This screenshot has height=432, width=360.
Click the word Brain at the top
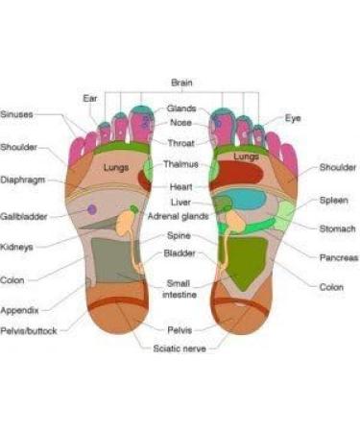tap(181, 83)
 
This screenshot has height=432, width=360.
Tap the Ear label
tap(90, 97)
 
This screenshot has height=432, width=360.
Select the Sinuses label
tap(17, 114)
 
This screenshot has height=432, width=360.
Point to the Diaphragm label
tap(21, 180)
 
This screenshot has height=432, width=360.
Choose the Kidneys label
tap(17, 247)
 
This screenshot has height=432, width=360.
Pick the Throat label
tap(181, 143)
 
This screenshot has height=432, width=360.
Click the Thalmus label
tap(181, 164)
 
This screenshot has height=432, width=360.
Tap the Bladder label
tap(180, 253)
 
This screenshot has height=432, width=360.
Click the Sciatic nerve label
tap(180, 348)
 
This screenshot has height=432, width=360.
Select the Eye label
tap(293, 117)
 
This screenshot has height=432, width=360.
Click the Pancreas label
tap(337, 257)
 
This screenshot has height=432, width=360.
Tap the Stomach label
tap(337, 228)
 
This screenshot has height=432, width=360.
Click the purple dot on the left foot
tap(92, 208)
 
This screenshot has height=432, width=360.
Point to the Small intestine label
tap(180, 289)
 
